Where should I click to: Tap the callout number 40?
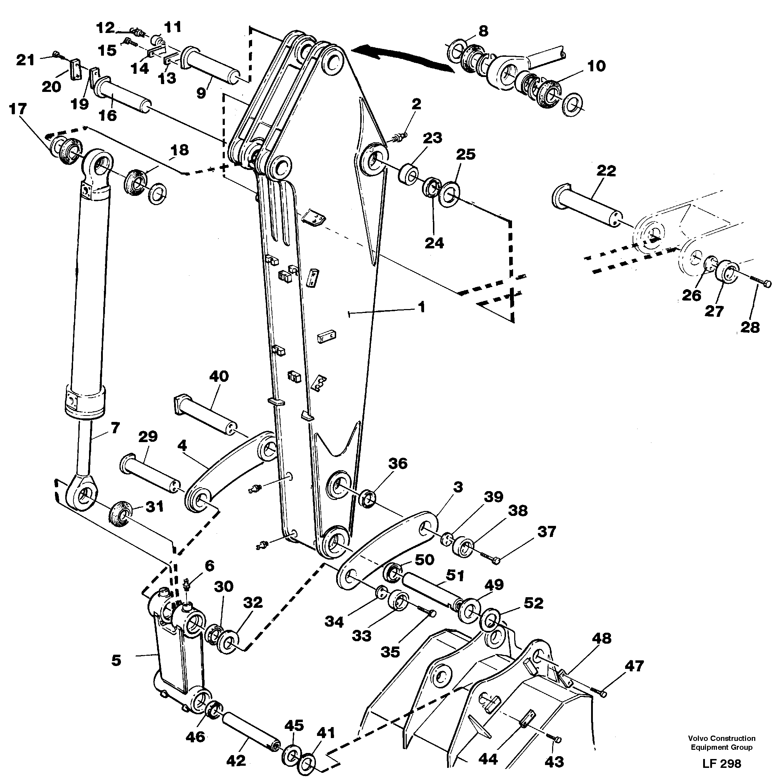point(219,376)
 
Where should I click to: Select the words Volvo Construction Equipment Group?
point(721,743)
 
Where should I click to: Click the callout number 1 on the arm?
point(421,308)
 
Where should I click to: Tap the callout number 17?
point(17,109)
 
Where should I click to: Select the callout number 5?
point(116,661)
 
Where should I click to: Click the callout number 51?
point(455,576)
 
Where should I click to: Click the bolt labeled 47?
point(598,693)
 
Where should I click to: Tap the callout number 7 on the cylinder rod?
point(115,428)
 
